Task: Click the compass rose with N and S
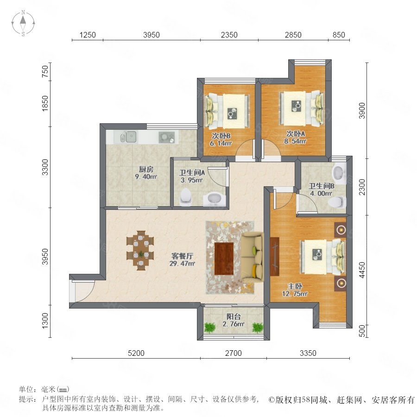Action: pyautogui.click(x=23, y=23)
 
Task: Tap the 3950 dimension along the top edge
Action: pyautogui.click(x=152, y=35)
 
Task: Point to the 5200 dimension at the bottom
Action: pyautogui.click(x=136, y=353)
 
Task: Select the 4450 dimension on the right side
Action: pyautogui.click(x=362, y=270)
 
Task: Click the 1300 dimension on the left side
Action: pyautogui.click(x=45, y=321)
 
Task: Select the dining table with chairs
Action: pyautogui.click(x=140, y=251)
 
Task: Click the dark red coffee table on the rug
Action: pyautogui.click(x=224, y=259)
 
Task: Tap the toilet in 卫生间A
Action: pyautogui.click(x=186, y=197)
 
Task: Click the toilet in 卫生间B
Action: pyautogui.click(x=337, y=202)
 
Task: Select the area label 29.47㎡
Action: pyautogui.click(x=182, y=264)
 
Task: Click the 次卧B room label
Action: pyautogui.click(x=221, y=136)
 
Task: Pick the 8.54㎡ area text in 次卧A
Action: pyautogui.click(x=295, y=141)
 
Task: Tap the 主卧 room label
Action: pyautogui.click(x=295, y=286)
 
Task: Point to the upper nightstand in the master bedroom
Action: pyautogui.click(x=341, y=230)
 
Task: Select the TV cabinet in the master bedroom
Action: pyautogui.click(x=274, y=256)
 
